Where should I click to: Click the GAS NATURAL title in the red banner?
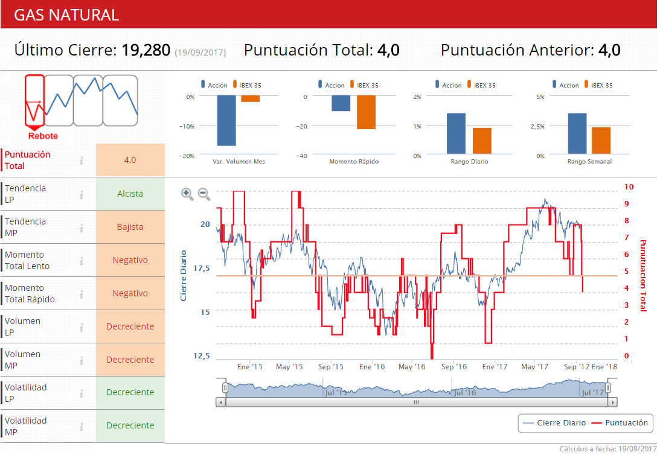pos(66,15)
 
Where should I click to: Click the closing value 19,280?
pos(146,50)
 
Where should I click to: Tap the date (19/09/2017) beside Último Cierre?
pos(200,52)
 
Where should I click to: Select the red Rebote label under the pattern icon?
pos(43,136)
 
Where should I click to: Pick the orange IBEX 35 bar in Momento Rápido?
pos(366,112)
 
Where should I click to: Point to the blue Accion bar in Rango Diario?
pos(456,133)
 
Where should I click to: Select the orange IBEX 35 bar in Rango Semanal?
pos(601,140)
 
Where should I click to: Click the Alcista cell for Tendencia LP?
pos(130,194)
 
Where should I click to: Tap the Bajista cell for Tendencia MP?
pos(130,227)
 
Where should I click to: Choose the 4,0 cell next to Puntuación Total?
pos(130,160)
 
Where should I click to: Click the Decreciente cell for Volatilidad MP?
pos(130,425)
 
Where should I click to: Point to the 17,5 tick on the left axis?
pos(202,268)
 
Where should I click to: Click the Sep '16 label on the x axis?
pos(454,366)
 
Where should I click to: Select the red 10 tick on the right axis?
pos(629,187)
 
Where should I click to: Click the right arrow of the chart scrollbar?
pos(613,402)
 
